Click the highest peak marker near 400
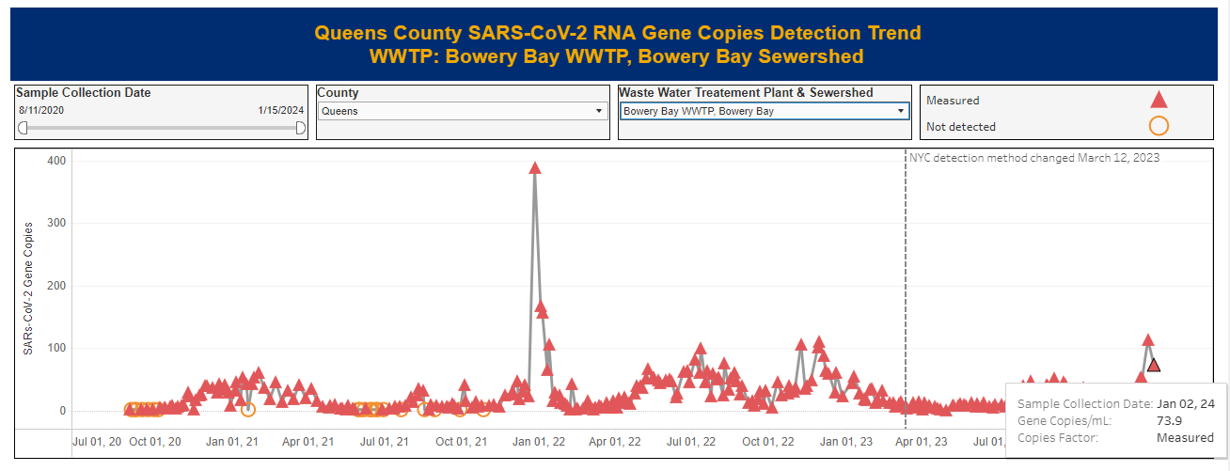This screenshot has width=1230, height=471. (535, 168)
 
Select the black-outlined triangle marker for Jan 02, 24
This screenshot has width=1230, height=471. (1154, 365)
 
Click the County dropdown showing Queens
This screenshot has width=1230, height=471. (462, 111)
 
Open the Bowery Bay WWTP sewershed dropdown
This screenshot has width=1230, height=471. (765, 111)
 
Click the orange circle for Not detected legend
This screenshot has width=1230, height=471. (1159, 126)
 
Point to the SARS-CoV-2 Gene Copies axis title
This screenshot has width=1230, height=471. (28, 289)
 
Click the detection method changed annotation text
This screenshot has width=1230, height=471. (1034, 158)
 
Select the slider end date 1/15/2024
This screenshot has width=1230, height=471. (280, 111)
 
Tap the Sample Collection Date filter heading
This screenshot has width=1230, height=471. (84, 93)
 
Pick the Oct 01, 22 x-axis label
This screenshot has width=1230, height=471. (768, 441)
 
